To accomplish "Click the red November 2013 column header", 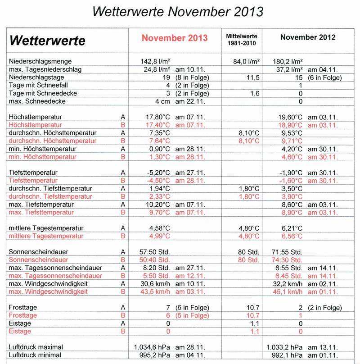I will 175,38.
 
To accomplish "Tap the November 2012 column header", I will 308,37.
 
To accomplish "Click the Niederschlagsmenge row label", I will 40,61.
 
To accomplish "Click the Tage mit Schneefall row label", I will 37,86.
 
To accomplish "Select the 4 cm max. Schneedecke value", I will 162,101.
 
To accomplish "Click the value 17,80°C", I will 157,117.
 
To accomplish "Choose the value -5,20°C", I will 157,173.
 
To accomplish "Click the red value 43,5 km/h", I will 155,292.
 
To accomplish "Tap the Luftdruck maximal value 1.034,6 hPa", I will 153,347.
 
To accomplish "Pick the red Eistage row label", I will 20,332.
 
